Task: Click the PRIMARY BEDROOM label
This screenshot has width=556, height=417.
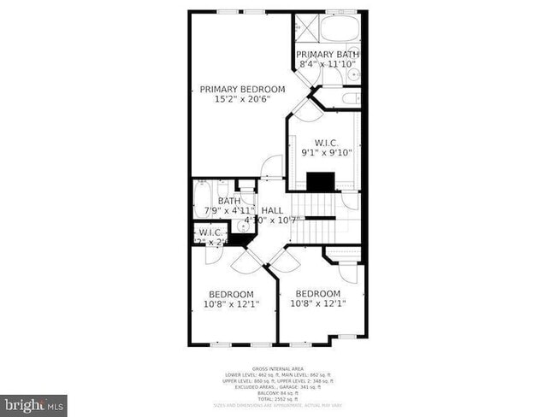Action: (242, 89)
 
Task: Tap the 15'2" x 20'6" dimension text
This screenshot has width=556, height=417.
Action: (242, 100)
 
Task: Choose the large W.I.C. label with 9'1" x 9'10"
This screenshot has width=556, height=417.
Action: (326, 143)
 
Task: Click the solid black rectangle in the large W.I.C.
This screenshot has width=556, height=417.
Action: (321, 181)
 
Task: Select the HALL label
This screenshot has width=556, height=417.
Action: (272, 210)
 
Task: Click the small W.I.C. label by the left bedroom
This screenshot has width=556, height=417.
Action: (210, 232)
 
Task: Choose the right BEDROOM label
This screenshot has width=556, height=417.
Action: (317, 294)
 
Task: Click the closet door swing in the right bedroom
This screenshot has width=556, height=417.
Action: (346, 272)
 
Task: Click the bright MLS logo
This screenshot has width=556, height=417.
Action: (34, 402)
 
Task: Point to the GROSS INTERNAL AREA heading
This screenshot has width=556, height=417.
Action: (277, 369)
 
